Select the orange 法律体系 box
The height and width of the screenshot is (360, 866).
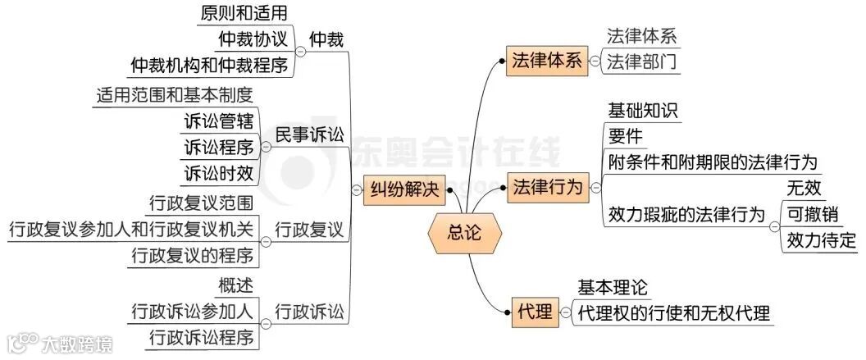[546, 61]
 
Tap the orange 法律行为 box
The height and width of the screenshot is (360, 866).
[548, 188]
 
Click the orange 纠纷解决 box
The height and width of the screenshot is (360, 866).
[403, 190]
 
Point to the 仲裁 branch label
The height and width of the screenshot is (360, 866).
[326, 39]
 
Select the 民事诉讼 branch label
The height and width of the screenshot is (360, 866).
[309, 135]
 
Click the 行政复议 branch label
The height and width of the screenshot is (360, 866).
[309, 230]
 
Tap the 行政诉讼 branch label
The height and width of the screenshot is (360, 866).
[309, 312]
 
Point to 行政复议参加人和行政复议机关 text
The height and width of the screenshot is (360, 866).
[130, 230]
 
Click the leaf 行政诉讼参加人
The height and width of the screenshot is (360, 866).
[192, 312]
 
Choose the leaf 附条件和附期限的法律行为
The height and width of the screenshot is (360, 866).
[712, 162]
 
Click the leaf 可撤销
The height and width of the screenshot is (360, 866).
[811, 215]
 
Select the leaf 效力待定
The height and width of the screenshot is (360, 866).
[821, 240]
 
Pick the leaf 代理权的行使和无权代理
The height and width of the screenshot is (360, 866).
[673, 312]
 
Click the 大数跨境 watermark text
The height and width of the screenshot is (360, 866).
[78, 342]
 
